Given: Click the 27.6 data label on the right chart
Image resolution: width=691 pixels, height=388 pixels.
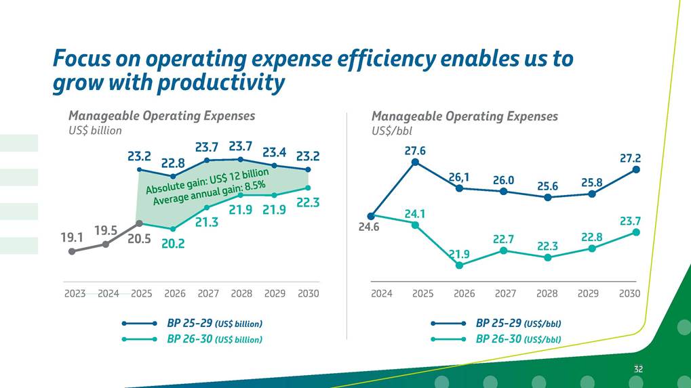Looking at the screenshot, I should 415,150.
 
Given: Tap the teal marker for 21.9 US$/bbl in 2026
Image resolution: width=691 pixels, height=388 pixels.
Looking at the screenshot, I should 460,265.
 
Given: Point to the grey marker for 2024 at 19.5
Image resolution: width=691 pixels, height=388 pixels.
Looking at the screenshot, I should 106,244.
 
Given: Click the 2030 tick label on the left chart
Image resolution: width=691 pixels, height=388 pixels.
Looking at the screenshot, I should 308,294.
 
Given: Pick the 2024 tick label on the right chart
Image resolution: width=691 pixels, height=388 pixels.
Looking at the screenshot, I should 382,294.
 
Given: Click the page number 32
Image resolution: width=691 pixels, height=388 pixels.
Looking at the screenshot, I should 638,369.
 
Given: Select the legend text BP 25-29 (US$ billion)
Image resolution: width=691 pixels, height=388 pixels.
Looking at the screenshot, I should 214,323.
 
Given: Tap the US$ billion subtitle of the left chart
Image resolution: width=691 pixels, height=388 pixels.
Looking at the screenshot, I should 95,131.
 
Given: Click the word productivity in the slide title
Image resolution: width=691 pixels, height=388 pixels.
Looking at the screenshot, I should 220,83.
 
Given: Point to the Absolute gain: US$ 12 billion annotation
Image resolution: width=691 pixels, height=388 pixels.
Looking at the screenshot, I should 208,179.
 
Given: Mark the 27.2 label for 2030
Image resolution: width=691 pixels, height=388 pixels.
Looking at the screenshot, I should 630,158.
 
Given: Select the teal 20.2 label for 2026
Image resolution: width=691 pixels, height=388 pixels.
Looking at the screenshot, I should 173,244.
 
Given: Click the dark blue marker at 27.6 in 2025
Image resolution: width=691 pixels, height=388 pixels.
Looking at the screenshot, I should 415,162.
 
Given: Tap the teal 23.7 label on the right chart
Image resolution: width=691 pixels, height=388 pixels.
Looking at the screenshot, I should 630,221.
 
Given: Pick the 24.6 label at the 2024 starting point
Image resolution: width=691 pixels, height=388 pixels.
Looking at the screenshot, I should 369,228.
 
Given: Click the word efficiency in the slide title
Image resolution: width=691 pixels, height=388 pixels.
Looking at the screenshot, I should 389,59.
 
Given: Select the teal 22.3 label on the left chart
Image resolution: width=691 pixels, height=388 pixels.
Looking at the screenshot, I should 308,202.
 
